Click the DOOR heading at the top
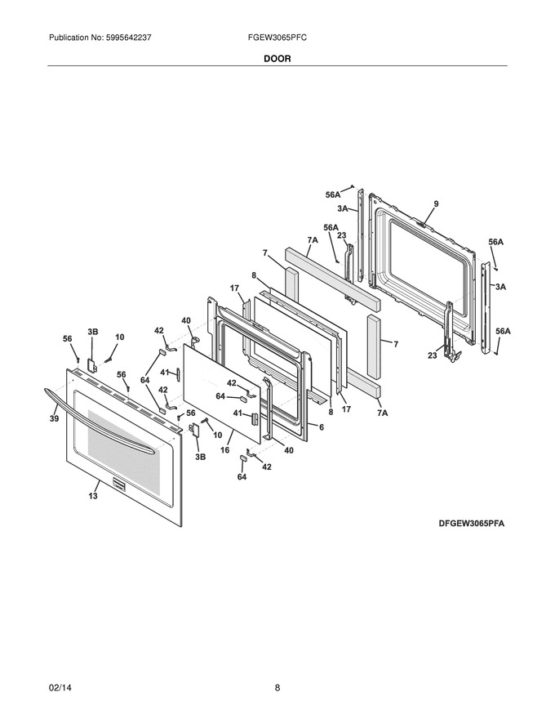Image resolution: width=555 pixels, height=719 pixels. tap(277, 59)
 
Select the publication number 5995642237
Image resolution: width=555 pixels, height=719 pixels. tap(128, 38)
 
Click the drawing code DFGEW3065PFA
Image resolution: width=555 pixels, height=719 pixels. tap(471, 523)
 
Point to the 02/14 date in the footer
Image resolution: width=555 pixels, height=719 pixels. tap(60, 688)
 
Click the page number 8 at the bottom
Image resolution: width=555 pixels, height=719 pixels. tap(277, 688)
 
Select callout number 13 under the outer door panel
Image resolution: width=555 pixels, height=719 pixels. tap(93, 496)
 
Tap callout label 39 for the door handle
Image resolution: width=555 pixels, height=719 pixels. tap(55, 418)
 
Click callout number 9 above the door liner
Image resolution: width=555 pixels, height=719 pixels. tap(436, 204)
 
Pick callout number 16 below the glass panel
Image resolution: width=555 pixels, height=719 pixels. tap(224, 450)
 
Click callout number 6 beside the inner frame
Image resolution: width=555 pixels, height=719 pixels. tap(322, 426)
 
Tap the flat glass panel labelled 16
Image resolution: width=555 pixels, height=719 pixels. tap(222, 393)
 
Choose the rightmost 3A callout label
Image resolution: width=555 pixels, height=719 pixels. tap(500, 287)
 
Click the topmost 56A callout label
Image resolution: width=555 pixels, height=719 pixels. tap(333, 195)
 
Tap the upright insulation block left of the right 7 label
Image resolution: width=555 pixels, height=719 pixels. tap(374, 346)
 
